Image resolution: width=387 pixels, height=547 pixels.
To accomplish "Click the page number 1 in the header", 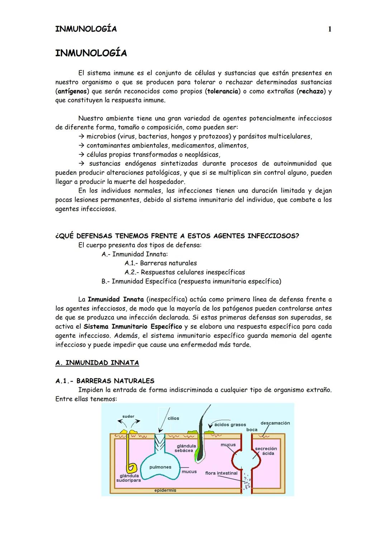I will [x=330, y=29].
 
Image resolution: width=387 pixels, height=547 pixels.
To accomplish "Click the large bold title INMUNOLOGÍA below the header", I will [x=91, y=53].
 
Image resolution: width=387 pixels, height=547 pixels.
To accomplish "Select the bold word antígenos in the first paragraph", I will [x=72, y=91].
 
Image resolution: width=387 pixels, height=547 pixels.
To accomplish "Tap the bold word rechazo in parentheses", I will [x=311, y=91].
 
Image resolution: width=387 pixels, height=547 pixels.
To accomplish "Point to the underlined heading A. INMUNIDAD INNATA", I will [x=97, y=363].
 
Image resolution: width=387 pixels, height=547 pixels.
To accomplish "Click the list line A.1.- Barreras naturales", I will [x=161, y=263].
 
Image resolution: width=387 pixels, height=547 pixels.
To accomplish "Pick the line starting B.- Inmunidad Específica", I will [x=191, y=281].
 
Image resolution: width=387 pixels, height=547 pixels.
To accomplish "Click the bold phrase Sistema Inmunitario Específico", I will [x=133, y=327].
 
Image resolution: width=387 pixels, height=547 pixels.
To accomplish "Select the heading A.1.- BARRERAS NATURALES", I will [x=105, y=381].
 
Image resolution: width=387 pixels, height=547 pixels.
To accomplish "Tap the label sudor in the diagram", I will [x=128, y=416].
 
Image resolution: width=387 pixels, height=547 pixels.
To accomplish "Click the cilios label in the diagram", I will [x=173, y=418].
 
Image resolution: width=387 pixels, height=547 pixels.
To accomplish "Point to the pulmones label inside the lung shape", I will [x=160, y=467].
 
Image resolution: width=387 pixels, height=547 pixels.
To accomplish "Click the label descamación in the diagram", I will [x=275, y=423].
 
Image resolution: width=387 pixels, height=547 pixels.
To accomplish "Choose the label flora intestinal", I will [x=221, y=473].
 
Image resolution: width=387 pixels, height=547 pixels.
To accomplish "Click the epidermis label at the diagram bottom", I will [x=165, y=490].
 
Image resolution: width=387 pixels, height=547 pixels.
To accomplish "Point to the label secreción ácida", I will [x=266, y=451].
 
